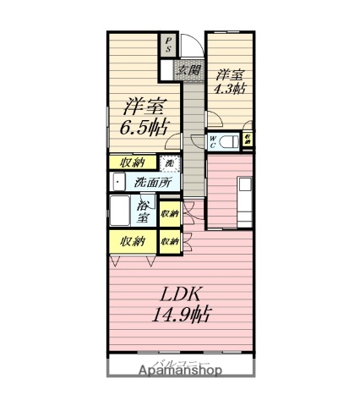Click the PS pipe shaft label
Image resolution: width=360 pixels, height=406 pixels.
[x=167, y=44]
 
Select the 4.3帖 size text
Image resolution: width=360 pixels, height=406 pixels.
[x=229, y=88]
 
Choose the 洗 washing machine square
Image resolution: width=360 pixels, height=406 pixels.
[x=170, y=162]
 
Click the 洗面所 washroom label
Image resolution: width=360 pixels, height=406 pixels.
[x=151, y=182]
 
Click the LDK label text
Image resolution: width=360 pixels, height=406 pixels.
[x=180, y=295]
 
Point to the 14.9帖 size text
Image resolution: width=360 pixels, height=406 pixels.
[x=180, y=317]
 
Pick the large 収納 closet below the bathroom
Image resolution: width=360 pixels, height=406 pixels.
[x=132, y=241]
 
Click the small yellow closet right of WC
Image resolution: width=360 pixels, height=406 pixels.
[x=247, y=140]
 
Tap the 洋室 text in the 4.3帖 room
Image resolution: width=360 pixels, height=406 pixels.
[x=229, y=73]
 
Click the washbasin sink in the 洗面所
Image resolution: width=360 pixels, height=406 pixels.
[x=117, y=181]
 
